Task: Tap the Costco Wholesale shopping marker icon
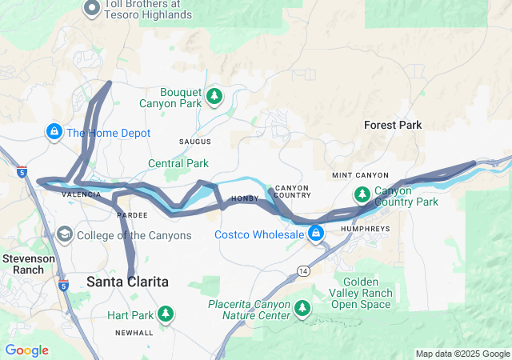(x=317, y=233)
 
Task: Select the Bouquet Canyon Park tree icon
(x=214, y=97)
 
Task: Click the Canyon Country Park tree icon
(x=362, y=194)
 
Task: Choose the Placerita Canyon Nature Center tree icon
(x=302, y=307)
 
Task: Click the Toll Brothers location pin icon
(x=92, y=9)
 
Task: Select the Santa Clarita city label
(x=127, y=282)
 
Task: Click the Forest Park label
(x=392, y=125)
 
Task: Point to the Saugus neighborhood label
(x=195, y=142)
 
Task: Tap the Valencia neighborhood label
(x=82, y=194)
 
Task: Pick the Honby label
(x=242, y=198)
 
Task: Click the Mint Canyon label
(x=360, y=175)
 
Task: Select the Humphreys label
(x=365, y=228)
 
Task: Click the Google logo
(x=26, y=350)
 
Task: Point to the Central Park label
(x=178, y=164)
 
